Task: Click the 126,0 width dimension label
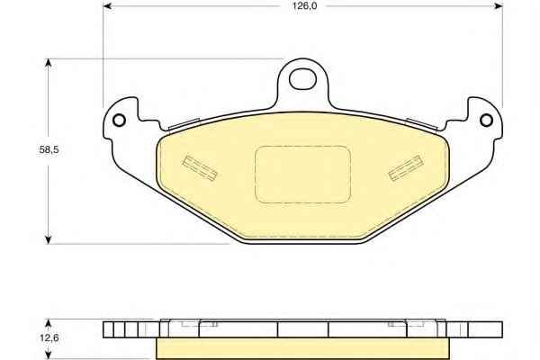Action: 304,6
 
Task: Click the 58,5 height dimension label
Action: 49,149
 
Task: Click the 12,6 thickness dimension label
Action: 49,337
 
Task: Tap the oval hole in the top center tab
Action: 302,79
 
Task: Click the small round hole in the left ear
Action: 119,121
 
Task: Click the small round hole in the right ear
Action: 486,121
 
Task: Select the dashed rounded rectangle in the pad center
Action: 302,175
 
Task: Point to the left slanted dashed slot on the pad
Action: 200,167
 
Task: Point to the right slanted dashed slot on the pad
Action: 405,167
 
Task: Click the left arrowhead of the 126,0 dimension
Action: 107,6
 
